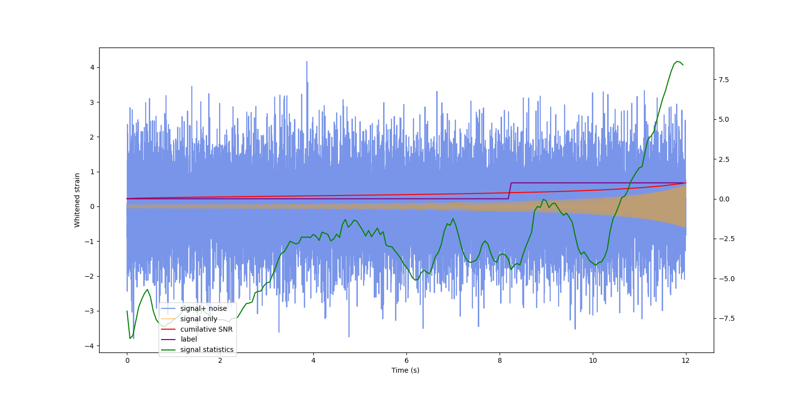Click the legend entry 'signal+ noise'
(203, 308)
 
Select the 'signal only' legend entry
(199, 319)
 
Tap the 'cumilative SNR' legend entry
(206, 329)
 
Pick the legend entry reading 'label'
(188, 339)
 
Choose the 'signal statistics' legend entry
(207, 349)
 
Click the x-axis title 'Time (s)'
(405, 370)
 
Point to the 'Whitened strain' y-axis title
(77, 200)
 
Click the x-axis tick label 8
(500, 360)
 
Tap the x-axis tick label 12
(686, 360)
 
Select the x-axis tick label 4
(313, 360)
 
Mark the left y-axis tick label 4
(92, 67)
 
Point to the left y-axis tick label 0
(92, 206)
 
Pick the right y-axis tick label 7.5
(724, 80)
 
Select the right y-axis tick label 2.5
(724, 159)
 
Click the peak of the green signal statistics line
(678, 61)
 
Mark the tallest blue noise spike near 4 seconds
(306, 62)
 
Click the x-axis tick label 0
(127, 360)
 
